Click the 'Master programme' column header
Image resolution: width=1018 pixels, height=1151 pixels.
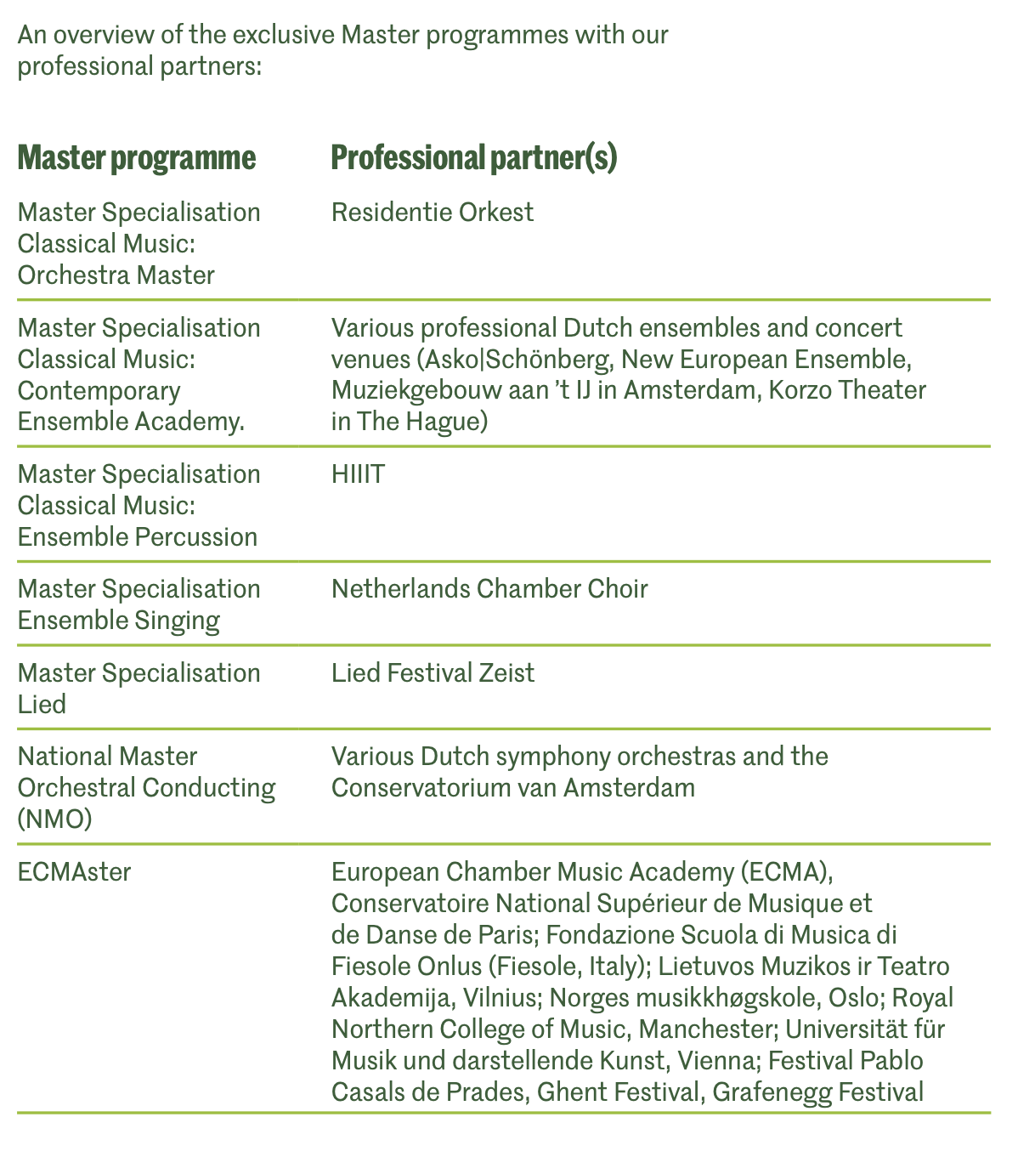[x=136, y=158]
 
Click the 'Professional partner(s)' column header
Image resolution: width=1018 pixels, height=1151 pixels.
[x=473, y=158]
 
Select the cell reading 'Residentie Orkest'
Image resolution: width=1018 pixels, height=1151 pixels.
[x=433, y=212]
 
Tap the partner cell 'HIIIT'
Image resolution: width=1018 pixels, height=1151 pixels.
[x=358, y=473]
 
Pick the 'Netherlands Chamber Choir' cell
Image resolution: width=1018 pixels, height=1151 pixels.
[x=489, y=588]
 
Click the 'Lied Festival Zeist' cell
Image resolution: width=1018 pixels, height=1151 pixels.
[x=433, y=673]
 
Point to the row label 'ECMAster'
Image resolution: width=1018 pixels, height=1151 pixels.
[x=75, y=872]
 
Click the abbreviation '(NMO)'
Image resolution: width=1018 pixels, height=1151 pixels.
[x=54, y=819]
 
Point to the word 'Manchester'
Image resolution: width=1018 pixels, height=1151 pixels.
[x=707, y=1029]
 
